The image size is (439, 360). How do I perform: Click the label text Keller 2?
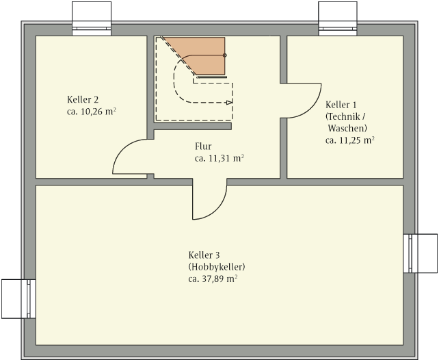click(x=83, y=99)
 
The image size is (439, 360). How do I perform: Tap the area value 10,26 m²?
click(x=98, y=112)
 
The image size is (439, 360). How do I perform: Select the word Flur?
click(x=203, y=146)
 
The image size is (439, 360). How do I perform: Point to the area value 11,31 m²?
click(x=226, y=158)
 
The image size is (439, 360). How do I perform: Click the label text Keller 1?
click(x=341, y=105)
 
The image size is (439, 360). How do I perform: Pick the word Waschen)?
click(x=347, y=128)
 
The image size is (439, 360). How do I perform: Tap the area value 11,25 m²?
click(x=357, y=140)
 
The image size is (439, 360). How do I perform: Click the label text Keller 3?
click(x=204, y=255)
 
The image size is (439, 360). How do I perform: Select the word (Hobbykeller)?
click(x=217, y=267)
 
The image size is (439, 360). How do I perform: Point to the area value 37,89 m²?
click(x=219, y=279)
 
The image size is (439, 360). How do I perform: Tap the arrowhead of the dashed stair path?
click(x=230, y=103)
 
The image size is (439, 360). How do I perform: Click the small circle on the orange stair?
click(x=224, y=55)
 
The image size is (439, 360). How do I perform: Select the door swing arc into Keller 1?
click(x=311, y=108)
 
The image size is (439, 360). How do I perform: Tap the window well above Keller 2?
click(x=92, y=18)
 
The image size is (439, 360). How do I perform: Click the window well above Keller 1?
click(x=338, y=18)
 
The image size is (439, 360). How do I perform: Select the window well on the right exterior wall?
click(x=421, y=253)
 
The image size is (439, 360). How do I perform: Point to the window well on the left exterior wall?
click(x=18, y=298)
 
